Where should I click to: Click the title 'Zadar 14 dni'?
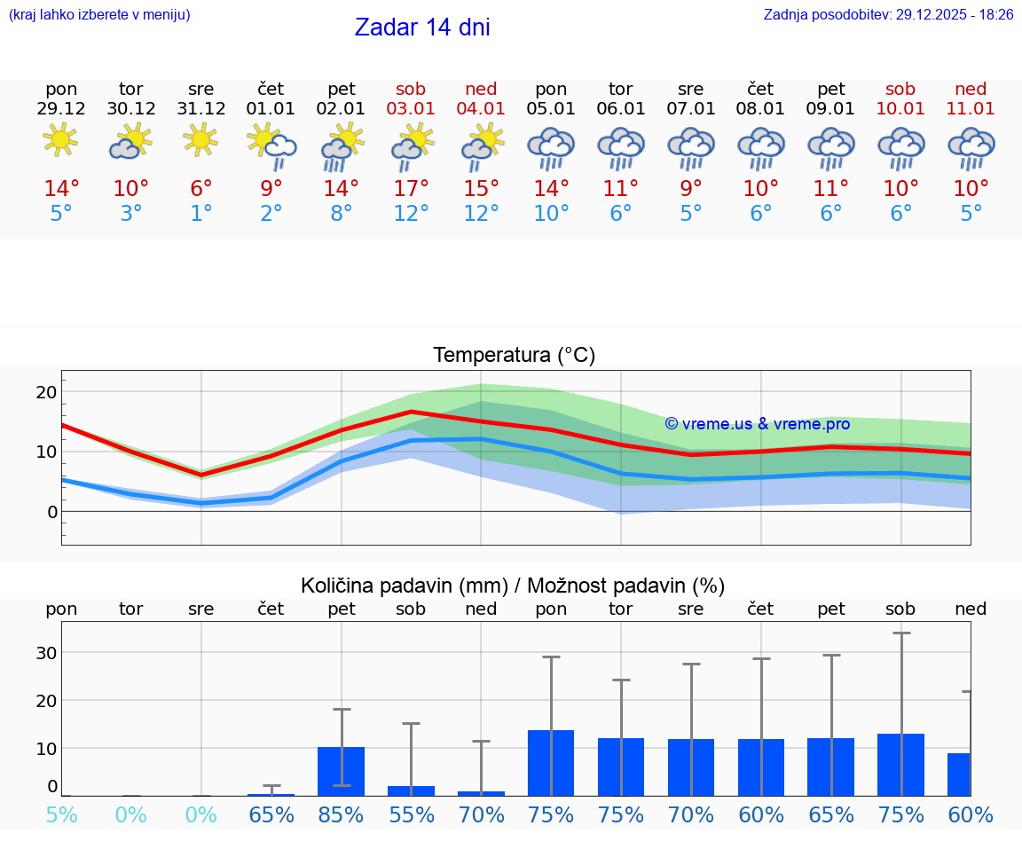422,28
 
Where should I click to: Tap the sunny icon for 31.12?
201,140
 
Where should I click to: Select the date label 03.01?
411,108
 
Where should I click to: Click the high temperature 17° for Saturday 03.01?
411,189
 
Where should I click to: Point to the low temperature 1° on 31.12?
201,214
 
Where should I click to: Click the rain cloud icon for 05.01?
551,147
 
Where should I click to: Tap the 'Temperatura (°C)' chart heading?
514,356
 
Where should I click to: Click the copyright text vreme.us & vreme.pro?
757,424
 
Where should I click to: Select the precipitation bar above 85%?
342,771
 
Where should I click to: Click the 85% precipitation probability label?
342,814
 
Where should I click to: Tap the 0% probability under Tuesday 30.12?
131,814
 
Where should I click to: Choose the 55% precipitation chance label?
411,814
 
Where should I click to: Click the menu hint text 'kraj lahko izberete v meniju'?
99,15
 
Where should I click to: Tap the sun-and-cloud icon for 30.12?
131,142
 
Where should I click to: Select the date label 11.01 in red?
971,108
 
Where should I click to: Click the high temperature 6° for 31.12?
201,189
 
